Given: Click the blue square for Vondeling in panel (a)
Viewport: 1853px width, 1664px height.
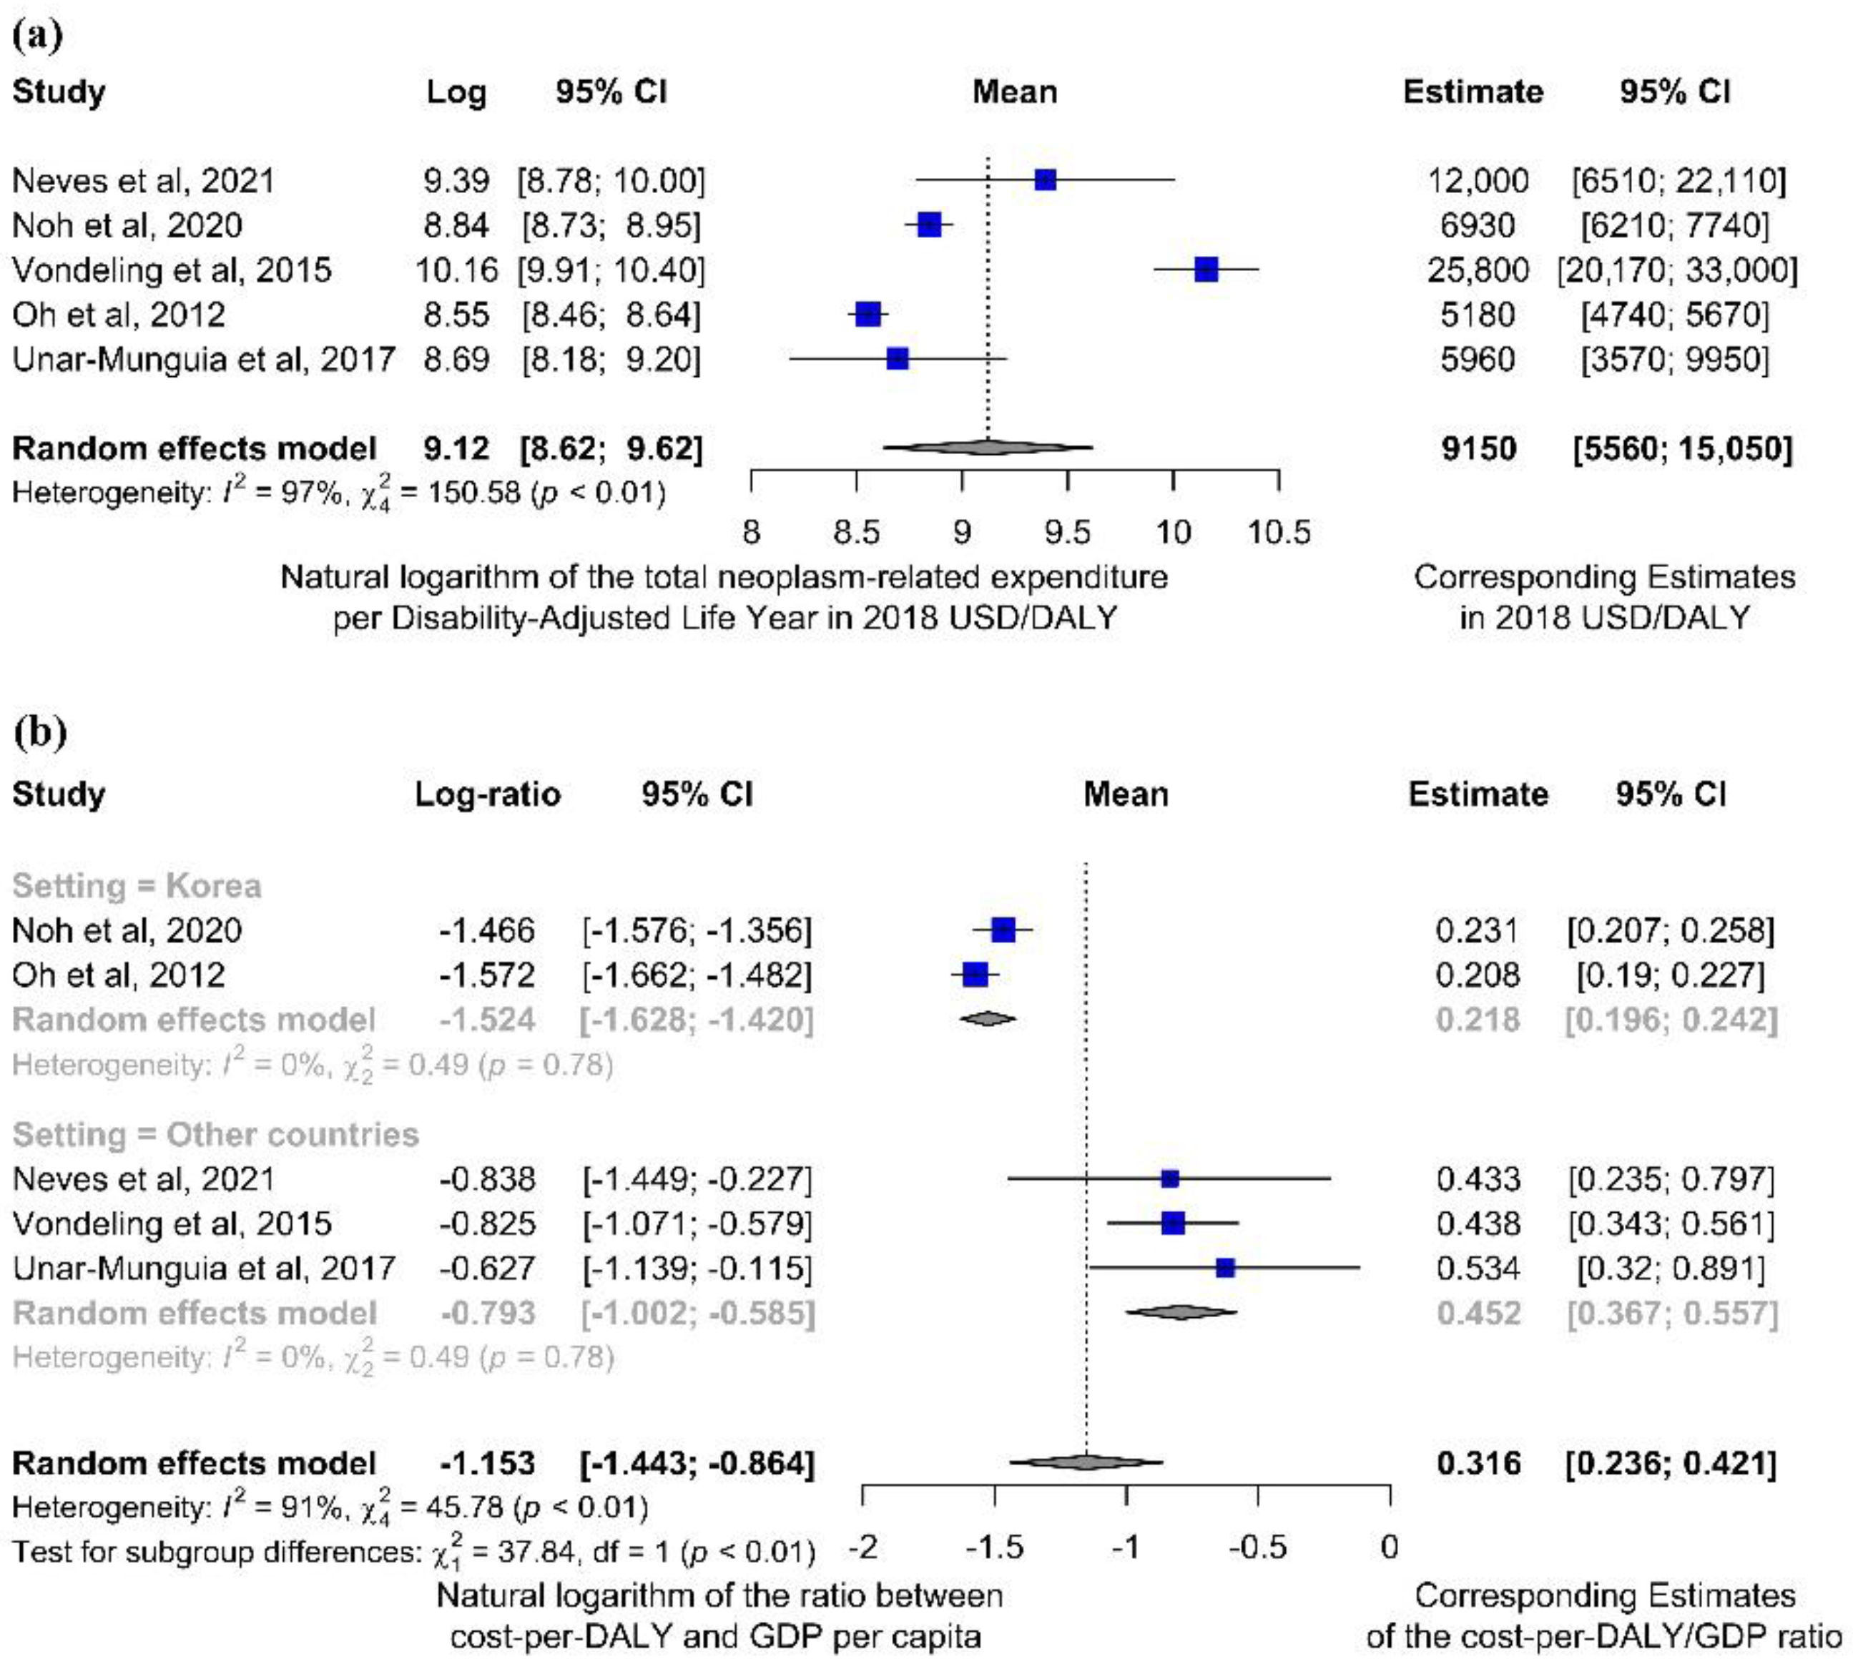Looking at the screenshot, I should click(1206, 270).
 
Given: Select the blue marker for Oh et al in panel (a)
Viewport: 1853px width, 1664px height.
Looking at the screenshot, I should click(867, 315).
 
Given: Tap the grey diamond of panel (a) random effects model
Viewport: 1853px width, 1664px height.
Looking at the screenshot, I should click(988, 448).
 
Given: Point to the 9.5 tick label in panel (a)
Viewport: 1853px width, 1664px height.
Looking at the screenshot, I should click(1067, 532).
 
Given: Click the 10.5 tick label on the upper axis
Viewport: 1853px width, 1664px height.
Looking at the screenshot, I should click(1279, 532).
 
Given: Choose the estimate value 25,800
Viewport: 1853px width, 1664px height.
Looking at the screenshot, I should click(1478, 270).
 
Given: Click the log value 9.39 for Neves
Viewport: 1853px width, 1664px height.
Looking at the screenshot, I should click(456, 180).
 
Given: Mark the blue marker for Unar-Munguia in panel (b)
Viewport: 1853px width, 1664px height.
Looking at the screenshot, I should click(1225, 1268).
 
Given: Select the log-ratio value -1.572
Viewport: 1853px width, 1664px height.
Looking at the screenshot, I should click(486, 975).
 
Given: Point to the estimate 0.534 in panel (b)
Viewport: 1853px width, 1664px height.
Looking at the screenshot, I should click(1478, 1268).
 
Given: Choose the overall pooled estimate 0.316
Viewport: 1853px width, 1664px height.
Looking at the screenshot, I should click(1478, 1464).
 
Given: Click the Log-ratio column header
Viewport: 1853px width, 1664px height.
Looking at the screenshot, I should click(487, 794).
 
